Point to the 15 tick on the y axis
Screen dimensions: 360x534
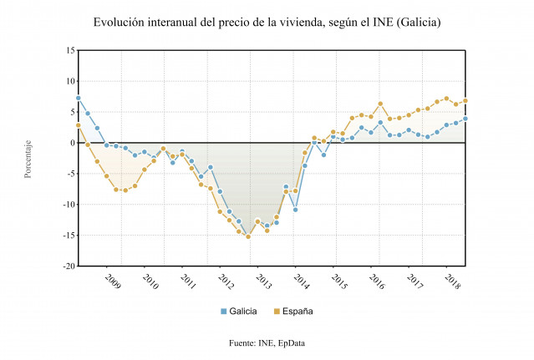69,50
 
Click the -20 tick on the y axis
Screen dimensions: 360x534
67,266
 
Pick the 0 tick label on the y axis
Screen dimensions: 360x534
71,143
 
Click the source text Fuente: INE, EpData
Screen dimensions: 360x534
267,343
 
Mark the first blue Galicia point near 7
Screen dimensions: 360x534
78,98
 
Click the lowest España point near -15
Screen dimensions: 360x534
248,236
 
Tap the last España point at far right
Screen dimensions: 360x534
465,101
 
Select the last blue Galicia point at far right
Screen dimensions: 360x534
465,119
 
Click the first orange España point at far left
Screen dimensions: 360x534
78,125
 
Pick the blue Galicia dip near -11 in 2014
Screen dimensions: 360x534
295,210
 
